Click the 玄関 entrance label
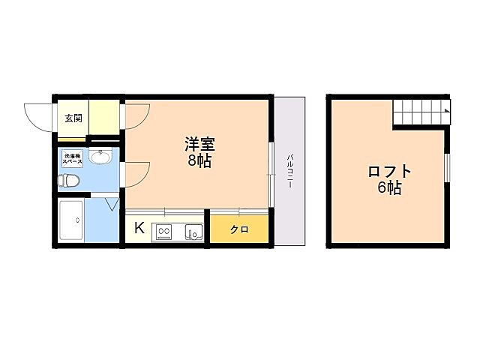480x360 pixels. click(x=73, y=118)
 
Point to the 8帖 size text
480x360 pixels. click(x=199, y=160)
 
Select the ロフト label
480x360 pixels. click(x=389, y=172)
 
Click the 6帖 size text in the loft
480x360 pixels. click(x=389, y=188)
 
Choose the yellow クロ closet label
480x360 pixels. click(x=239, y=229)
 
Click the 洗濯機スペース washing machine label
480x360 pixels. click(x=72, y=159)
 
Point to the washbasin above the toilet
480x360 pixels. click(x=100, y=157)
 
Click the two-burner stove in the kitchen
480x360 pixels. click(x=164, y=232)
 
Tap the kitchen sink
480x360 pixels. click(x=193, y=232)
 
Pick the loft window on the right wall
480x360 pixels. click(x=446, y=167)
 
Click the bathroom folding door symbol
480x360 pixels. click(x=112, y=203)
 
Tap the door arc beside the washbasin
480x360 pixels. click(x=136, y=174)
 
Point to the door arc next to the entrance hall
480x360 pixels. click(x=137, y=116)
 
